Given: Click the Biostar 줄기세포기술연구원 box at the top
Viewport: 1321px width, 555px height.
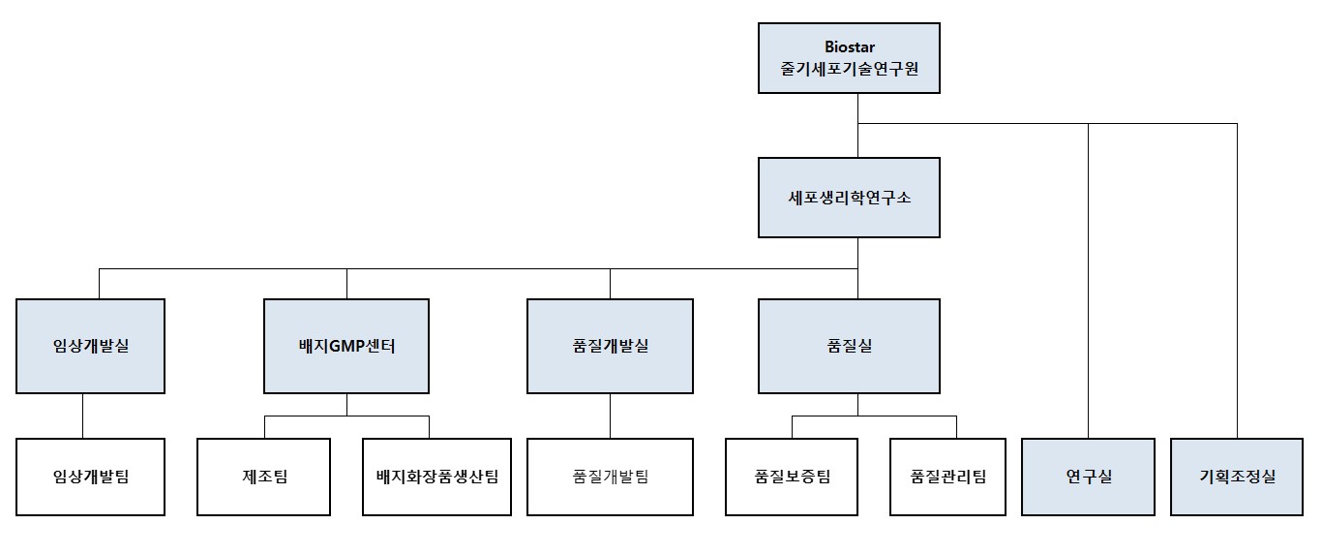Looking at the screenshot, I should (x=848, y=58).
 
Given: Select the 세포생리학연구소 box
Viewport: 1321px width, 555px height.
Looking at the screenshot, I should (x=848, y=198).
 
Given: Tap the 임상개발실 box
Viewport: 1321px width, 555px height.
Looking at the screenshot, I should (x=90, y=346).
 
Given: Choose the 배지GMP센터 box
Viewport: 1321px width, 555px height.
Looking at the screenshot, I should (x=346, y=346).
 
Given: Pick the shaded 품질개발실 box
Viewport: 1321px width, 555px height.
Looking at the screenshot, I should (x=610, y=346).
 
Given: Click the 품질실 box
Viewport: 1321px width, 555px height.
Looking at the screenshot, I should (x=848, y=346).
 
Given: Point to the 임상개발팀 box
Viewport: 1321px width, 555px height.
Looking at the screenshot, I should (x=90, y=477).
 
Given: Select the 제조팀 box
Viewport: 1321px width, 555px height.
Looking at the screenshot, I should (x=264, y=477).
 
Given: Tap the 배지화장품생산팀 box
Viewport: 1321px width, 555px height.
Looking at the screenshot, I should (x=436, y=477).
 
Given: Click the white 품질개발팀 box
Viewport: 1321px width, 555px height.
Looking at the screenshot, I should (x=610, y=477).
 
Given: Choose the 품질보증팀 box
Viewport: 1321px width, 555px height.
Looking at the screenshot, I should (x=793, y=477).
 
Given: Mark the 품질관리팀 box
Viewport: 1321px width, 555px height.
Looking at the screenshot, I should (x=947, y=477).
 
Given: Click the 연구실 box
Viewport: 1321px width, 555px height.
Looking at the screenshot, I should (x=1088, y=477).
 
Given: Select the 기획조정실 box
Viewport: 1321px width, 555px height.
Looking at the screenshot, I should (x=1237, y=477).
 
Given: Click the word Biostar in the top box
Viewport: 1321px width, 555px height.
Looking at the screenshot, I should (x=849, y=47).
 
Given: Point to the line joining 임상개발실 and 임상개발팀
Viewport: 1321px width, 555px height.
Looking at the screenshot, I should (x=82, y=416).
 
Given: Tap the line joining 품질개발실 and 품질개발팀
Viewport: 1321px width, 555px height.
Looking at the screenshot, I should (x=610, y=416).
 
